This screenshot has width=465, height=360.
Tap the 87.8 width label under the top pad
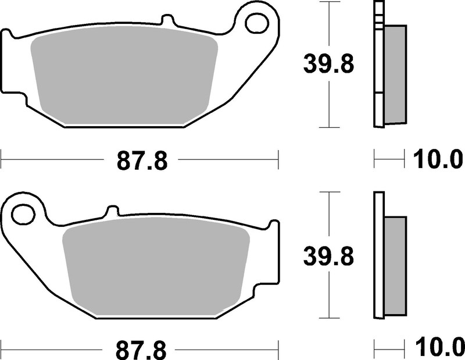pyautogui.click(x=142, y=160)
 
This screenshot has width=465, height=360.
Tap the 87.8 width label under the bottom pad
pyautogui.click(x=142, y=350)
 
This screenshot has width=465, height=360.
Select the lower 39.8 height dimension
pyautogui.click(x=328, y=255)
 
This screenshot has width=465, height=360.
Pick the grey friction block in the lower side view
pyautogui.click(x=395, y=265)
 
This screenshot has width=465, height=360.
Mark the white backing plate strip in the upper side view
pyautogui.click(x=378, y=64)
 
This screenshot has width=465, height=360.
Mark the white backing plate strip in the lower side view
pyautogui.click(x=378, y=256)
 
